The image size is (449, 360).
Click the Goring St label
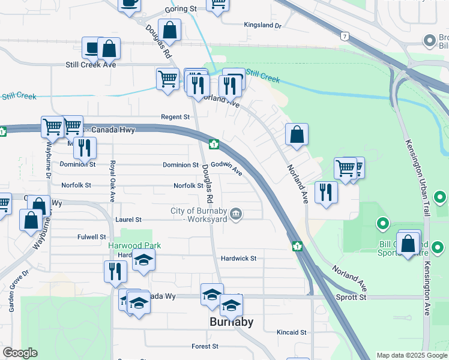[181, 10]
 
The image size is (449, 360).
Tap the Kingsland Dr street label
[262, 25]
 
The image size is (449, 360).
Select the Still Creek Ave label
[91, 65]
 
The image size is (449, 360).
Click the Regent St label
[175, 117]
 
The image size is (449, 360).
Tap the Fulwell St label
[92, 237]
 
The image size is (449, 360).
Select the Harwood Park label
[134, 245]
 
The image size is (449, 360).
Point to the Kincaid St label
[291, 332]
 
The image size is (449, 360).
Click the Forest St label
[205, 346]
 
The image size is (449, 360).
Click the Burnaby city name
[231, 322]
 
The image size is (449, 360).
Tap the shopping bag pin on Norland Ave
[297, 135]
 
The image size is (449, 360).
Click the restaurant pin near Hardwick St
[115, 271]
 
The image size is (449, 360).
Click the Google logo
[20, 353]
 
